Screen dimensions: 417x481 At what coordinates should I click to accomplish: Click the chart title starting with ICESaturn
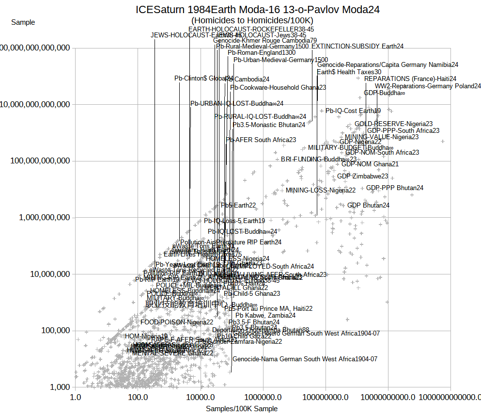click(257, 9)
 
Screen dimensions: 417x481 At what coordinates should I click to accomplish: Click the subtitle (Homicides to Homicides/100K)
click(252, 20)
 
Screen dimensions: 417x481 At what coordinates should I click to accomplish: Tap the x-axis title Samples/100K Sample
click(242, 409)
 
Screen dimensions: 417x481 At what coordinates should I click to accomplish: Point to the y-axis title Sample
click(23, 22)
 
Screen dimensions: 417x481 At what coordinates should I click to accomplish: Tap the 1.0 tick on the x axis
click(75, 397)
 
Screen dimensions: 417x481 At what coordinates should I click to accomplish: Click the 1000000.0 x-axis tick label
click(263, 397)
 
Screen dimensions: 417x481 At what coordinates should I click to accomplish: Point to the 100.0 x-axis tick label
click(138, 397)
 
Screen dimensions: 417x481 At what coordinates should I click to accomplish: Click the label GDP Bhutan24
click(368, 206)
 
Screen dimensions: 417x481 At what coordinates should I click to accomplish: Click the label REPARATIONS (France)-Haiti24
click(410, 79)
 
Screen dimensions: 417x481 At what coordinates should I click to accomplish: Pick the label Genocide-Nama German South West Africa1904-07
click(305, 359)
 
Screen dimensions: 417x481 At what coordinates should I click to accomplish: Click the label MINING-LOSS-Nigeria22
click(321, 190)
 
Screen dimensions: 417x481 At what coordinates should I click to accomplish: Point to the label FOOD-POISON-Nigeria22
click(177, 322)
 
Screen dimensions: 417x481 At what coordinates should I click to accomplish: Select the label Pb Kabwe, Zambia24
click(265, 316)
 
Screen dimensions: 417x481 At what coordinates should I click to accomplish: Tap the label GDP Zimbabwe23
click(362, 176)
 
